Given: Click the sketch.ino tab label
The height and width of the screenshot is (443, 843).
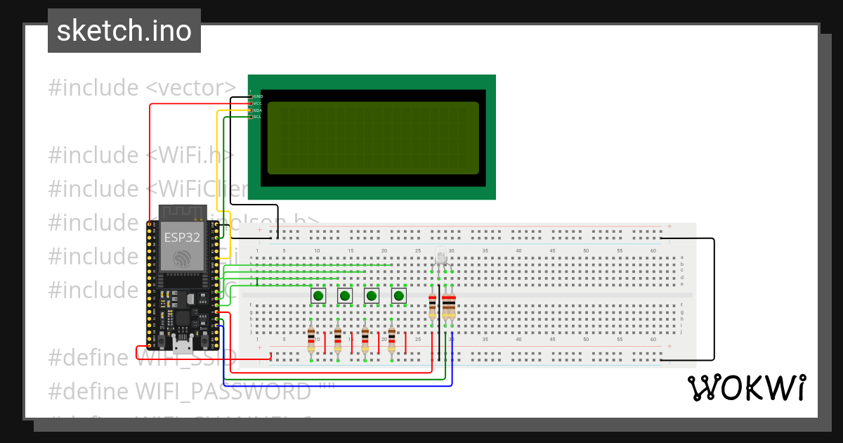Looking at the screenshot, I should [124, 32].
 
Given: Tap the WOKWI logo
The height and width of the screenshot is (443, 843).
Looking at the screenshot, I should [746, 388].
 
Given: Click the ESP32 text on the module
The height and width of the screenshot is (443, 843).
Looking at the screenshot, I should [182, 238].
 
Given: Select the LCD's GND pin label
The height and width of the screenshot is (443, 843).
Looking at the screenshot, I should [258, 96].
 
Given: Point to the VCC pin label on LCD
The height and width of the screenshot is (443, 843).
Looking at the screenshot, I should [258, 103].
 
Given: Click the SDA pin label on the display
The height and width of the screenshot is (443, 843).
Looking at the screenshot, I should [258, 110].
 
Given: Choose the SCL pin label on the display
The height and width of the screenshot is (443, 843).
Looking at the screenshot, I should [258, 117].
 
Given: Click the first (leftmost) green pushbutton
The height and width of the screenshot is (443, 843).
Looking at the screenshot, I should [318, 296].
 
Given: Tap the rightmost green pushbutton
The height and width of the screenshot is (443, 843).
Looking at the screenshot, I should [399, 296].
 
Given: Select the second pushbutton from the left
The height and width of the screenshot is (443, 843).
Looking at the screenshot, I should [345, 296].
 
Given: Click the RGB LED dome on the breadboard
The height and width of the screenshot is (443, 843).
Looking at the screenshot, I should [441, 256].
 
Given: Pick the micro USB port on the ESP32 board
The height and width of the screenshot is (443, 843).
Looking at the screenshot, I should [183, 345].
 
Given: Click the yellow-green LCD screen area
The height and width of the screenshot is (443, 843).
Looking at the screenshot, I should [373, 138].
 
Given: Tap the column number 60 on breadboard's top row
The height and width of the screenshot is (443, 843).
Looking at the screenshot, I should [653, 251].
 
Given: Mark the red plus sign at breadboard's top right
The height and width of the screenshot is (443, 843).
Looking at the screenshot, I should [669, 226].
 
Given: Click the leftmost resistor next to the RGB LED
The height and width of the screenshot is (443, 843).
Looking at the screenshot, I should [432, 307].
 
